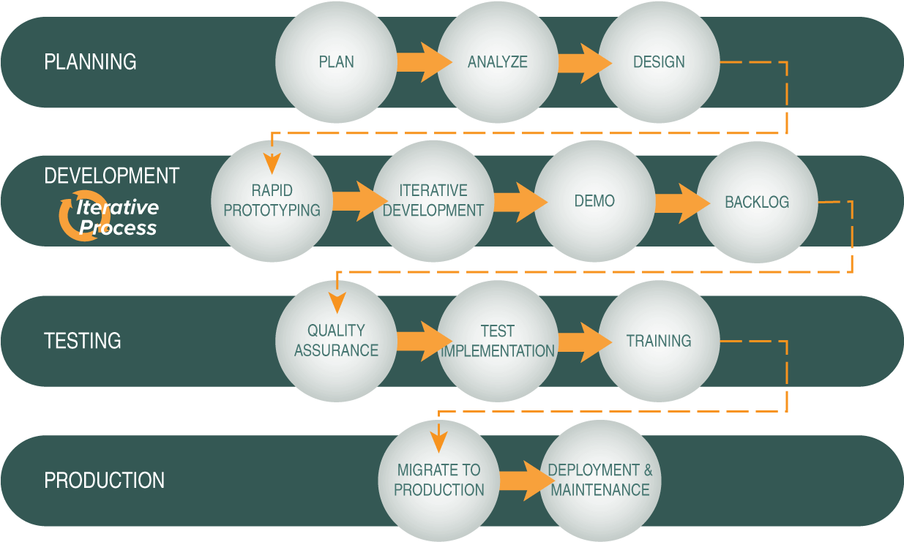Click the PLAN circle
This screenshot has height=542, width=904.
tap(336, 61)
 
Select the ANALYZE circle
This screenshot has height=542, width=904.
tap(498, 61)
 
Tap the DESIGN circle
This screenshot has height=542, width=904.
tap(659, 61)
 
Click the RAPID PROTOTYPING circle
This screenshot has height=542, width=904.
tap(272, 200)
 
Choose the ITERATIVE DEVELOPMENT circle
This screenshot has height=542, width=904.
tap(433, 200)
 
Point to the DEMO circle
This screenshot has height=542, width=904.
tap(594, 200)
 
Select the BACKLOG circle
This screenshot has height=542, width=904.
tap(757, 201)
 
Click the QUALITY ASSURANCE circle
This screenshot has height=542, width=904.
tap(336, 341)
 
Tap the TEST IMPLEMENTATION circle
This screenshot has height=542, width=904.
tap(498, 341)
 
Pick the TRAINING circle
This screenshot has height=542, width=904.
tap(659, 341)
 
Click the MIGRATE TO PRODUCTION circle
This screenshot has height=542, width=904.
tap(439, 480)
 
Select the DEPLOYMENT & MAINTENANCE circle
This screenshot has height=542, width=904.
tap(600, 480)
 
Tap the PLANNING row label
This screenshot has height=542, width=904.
tap(90, 61)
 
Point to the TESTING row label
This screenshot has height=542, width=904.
tap(83, 341)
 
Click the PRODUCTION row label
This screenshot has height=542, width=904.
tap(104, 481)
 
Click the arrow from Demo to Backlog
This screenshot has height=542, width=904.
tap(677, 203)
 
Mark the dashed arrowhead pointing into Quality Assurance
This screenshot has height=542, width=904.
tap(337, 301)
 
